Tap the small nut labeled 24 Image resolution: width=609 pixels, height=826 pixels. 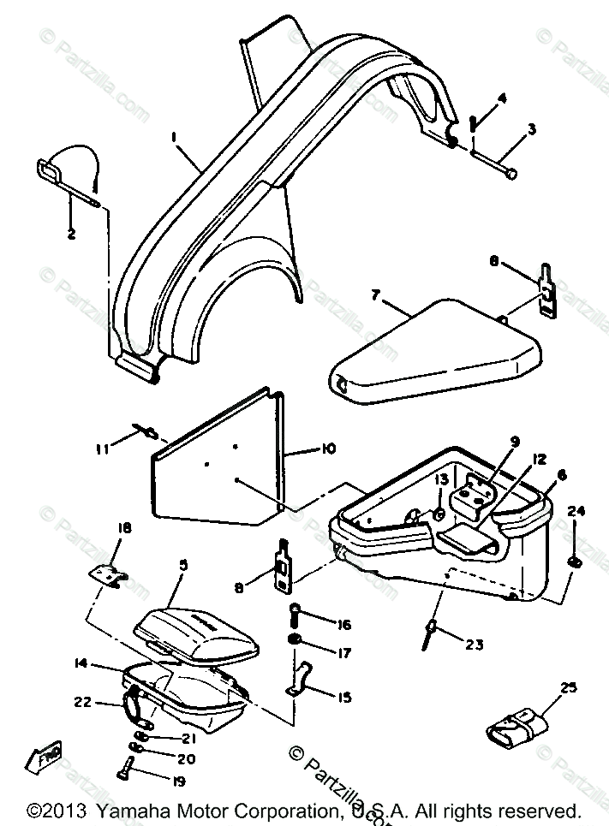click(573, 562)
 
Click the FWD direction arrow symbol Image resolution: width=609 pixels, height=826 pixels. click(45, 757)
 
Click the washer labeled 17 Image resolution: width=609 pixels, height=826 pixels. click(294, 641)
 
